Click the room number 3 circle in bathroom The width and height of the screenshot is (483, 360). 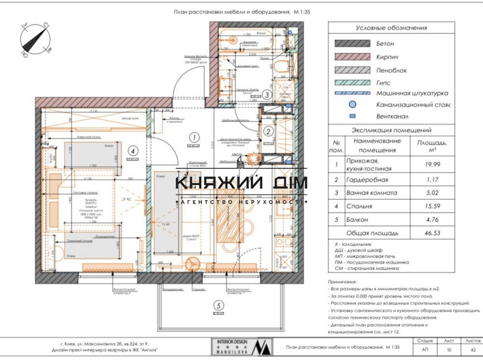[267, 95]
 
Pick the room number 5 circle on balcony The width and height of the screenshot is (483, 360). [219, 305]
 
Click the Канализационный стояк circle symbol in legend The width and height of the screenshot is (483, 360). [353, 104]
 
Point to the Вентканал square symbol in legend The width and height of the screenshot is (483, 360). [353, 116]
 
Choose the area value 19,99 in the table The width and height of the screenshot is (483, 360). [433, 165]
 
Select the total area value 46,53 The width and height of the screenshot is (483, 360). [433, 233]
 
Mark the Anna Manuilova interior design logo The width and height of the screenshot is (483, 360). [241, 347]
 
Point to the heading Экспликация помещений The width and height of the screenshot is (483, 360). [391, 130]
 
